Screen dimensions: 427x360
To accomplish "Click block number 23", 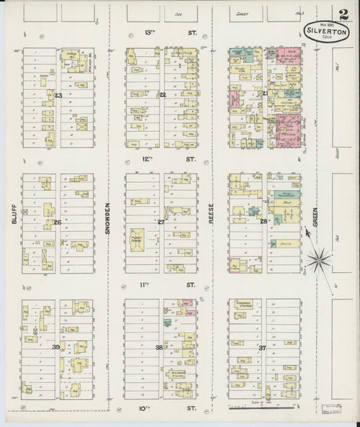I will (x=58, y=96).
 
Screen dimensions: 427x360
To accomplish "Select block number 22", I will (x=163, y=95).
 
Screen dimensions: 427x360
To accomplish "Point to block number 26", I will (x=57, y=222).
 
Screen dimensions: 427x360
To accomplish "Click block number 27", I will (x=161, y=222).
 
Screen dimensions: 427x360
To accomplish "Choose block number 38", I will (x=160, y=348).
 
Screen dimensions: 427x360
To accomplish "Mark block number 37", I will (x=263, y=348).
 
